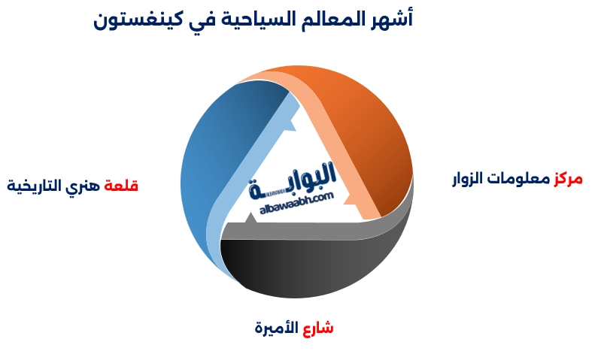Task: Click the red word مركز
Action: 568,179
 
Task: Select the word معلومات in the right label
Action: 518,179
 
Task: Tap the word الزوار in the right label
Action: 468,179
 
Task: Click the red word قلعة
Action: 121,186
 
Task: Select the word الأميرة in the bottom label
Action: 277,328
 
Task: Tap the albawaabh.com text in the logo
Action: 296,204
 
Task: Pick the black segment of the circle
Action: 310,267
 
